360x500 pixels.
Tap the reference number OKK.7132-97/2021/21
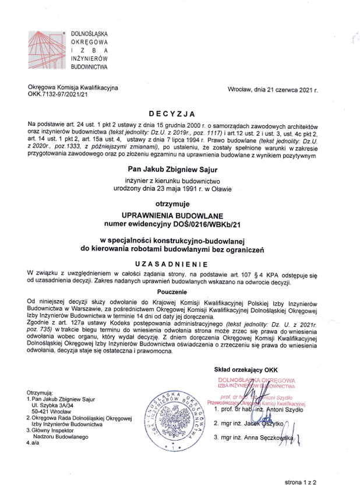pos(58,93)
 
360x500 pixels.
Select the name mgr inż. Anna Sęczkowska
pos(259,437)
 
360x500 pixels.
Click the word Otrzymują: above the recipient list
pos(41,393)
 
